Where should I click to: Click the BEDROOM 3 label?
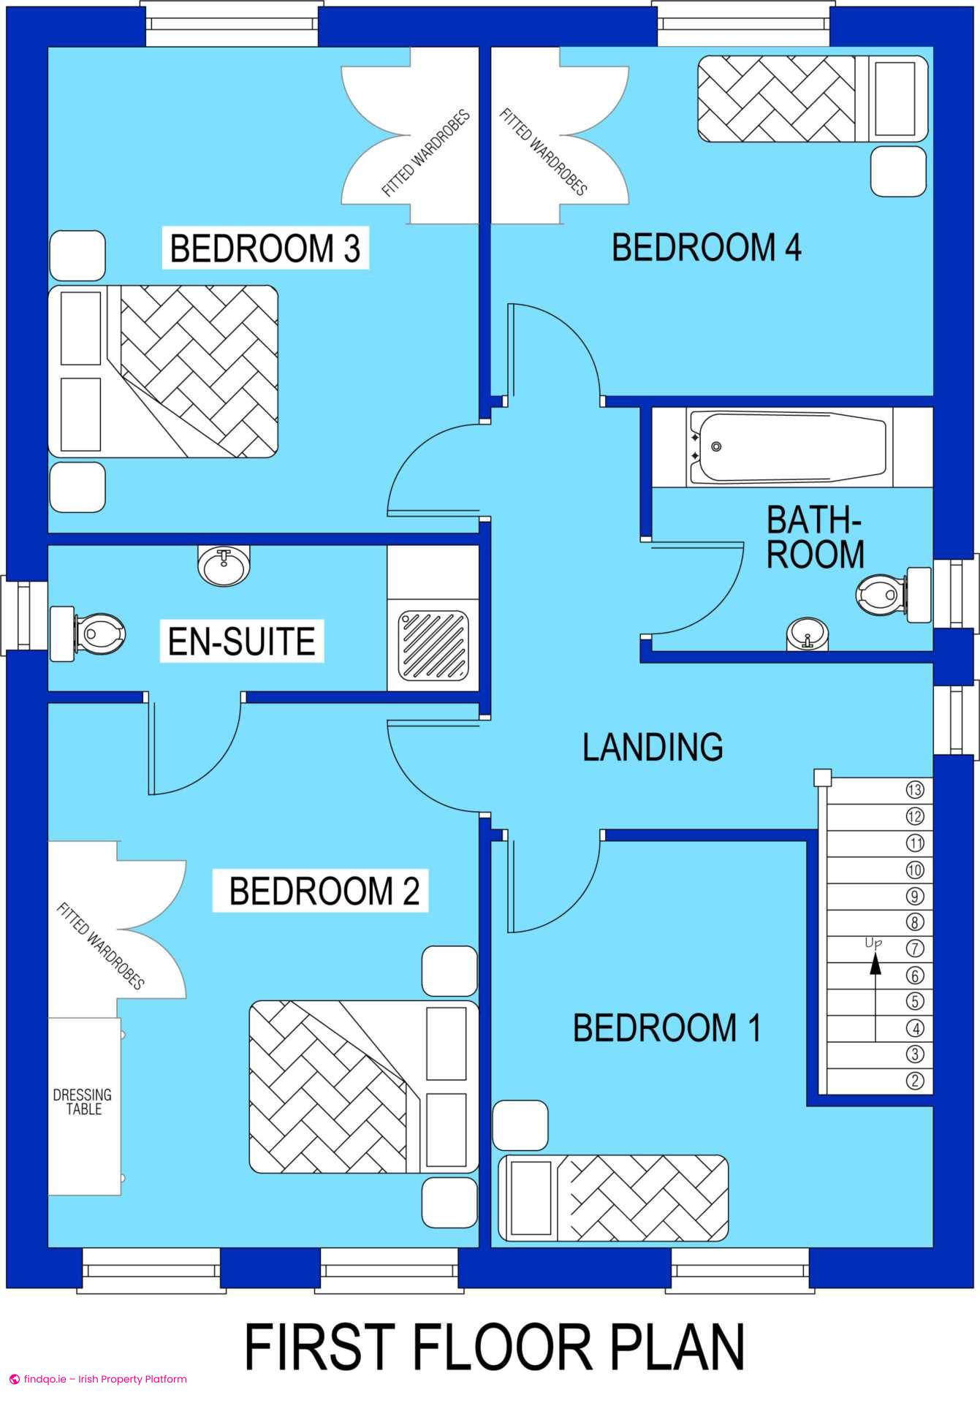[x=265, y=248]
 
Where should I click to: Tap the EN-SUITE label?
[x=242, y=641]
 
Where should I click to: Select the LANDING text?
[x=653, y=747]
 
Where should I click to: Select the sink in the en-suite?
[x=224, y=565]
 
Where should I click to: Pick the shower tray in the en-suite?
[x=433, y=645]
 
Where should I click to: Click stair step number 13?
[x=915, y=789]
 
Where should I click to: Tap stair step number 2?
[x=915, y=1080]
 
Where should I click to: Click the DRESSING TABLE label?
[x=83, y=1101]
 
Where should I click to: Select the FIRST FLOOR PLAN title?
[x=495, y=1347]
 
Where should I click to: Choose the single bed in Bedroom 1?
[x=613, y=1198]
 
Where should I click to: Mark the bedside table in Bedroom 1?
[x=520, y=1125]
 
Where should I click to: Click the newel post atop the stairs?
[x=823, y=777]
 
